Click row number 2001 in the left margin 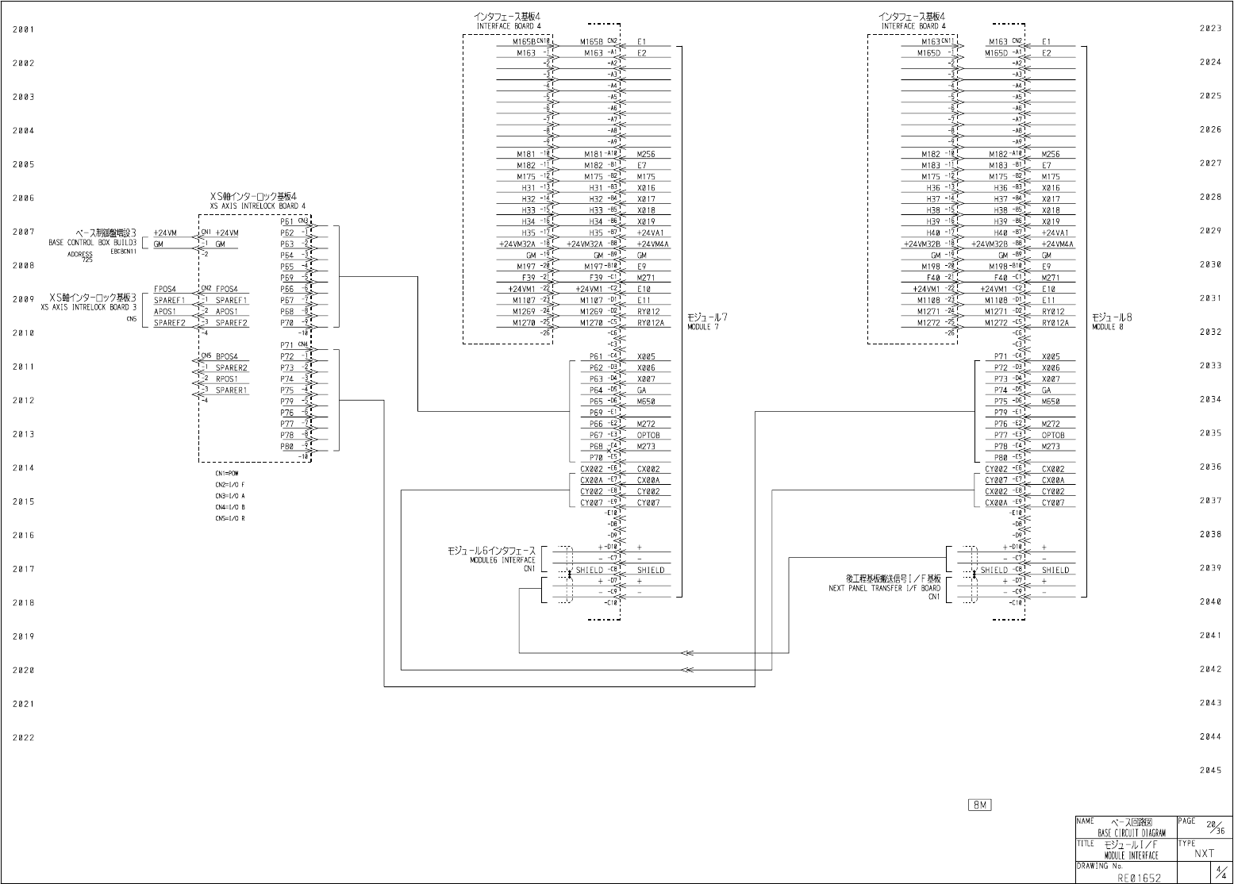click(24, 30)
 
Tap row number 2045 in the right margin click(1210, 771)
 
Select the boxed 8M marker click(980, 805)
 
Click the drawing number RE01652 click(1139, 878)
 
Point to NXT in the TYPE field click(1205, 854)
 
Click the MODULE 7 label click(703, 327)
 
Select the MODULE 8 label click(1108, 327)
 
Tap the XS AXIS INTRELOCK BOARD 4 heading click(258, 206)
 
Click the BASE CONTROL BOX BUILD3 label click(93, 243)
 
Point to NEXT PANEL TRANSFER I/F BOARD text click(885, 589)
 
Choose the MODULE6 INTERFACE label click(502, 560)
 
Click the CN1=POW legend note click(226, 474)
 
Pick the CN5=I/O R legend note click(229, 518)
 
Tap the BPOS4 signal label click(226, 356)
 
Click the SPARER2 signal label click(231, 367)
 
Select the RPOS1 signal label click(227, 379)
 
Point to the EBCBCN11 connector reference click(125, 252)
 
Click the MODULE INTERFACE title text click(1131, 855)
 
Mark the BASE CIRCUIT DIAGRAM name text click(1132, 833)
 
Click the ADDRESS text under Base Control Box click(79, 255)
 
